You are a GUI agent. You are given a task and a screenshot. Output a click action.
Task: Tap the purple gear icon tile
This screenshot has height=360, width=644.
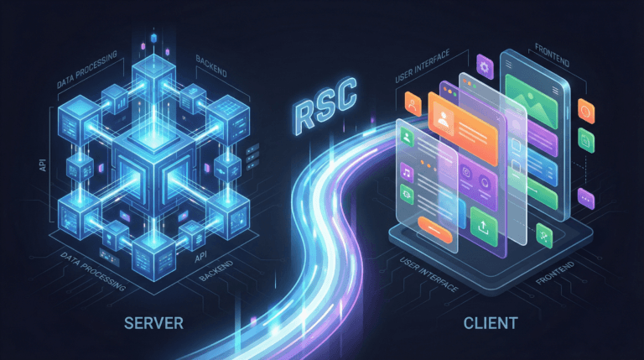(484, 65)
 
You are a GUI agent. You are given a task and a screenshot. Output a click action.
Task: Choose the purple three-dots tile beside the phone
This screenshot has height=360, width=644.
(585, 199)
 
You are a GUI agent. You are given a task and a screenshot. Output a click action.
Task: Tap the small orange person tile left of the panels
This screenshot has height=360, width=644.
(411, 102)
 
